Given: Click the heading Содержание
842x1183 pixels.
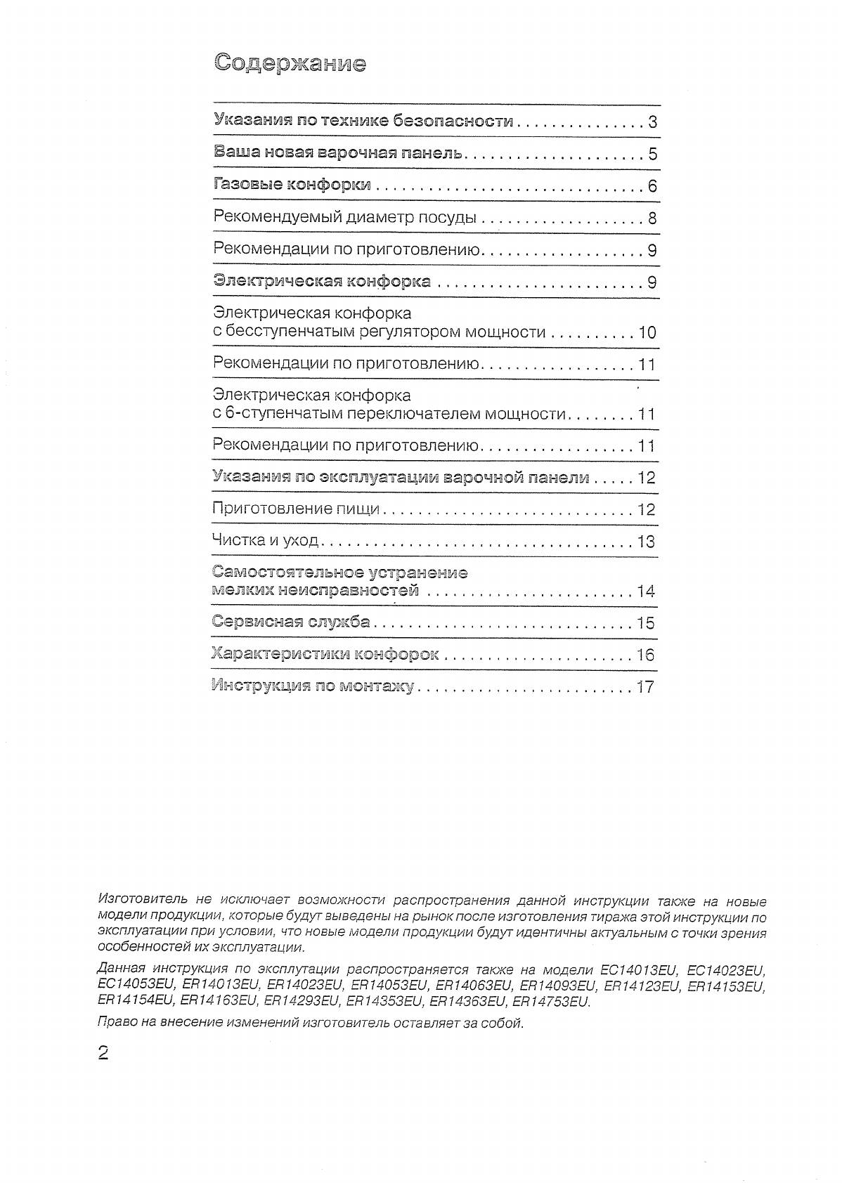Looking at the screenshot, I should (290, 63).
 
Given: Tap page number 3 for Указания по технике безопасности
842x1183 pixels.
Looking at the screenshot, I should (652, 122).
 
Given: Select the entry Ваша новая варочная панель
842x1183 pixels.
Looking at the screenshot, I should (337, 152).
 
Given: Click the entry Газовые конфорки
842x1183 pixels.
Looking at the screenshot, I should (292, 185).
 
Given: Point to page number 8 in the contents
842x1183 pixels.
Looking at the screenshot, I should (652, 218).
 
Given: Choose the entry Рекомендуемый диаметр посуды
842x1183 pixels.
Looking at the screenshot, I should (344, 218).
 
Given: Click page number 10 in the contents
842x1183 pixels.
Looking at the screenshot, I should (647, 332).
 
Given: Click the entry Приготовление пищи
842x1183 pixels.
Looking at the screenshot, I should (295, 509).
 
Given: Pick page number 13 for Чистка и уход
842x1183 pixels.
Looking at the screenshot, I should (646, 542).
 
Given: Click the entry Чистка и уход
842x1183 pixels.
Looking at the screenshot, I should (265, 541).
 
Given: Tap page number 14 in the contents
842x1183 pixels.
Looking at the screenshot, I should (646, 591).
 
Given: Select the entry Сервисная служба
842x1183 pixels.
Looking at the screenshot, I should (290, 622).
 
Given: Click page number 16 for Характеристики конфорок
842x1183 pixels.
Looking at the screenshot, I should (646, 655).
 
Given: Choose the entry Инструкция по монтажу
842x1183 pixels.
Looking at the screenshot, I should (313, 686).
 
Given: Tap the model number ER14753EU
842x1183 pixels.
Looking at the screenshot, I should (551, 1002).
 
